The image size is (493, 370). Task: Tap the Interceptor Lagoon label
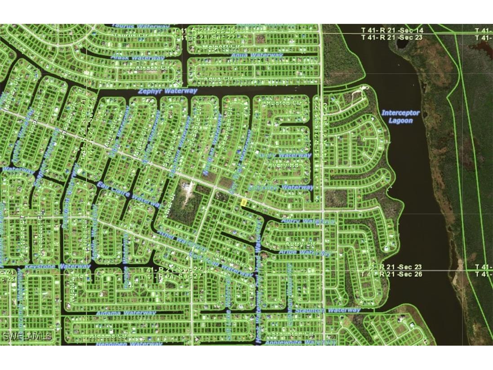400,117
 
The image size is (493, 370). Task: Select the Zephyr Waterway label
168,91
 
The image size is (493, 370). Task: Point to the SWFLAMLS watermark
27,336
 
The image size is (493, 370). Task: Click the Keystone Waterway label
58,266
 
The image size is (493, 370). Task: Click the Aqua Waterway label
257,55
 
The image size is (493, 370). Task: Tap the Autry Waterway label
308,221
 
